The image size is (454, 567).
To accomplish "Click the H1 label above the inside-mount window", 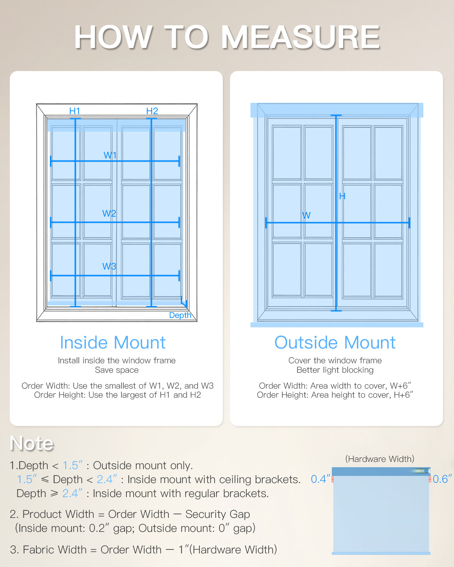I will point(75,111).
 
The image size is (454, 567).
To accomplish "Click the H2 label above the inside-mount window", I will point(152,111).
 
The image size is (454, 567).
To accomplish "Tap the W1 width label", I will point(110,155).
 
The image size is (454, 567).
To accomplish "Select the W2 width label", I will point(109,213).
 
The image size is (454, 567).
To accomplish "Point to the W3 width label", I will point(109,266).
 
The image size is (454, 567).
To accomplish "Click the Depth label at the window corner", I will point(180,315).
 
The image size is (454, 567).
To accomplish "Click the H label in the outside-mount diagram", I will point(342,196).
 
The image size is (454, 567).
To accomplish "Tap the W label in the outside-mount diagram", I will point(306,215).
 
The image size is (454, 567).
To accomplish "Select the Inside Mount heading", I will point(113,342).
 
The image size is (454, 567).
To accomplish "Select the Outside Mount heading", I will point(335,342).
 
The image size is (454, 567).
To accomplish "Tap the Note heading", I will point(32,443).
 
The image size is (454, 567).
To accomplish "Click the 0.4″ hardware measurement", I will point(320,479).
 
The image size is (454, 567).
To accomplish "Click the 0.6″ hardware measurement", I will point(442,479).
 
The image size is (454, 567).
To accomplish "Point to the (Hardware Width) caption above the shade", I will point(379,459).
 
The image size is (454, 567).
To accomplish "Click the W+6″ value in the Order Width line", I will point(400,386).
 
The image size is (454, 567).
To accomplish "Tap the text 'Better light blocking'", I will point(335,370).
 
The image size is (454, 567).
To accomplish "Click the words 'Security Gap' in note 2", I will point(218,514).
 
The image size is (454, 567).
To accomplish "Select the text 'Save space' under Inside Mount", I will point(117,370).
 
